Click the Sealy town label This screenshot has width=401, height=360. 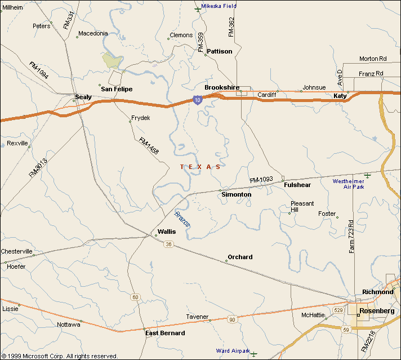83,97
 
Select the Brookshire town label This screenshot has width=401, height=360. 222,87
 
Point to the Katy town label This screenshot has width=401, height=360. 340,96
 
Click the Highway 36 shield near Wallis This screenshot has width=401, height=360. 168,244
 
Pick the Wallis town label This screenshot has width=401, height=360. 167,232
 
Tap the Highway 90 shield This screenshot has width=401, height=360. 231,319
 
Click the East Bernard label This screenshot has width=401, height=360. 165,333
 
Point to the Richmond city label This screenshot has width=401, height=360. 377,292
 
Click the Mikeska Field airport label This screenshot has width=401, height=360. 219,6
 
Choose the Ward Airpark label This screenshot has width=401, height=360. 233,351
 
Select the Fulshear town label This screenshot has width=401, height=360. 297,185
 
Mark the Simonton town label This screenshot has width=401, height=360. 237,194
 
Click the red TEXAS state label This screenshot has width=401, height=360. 200,167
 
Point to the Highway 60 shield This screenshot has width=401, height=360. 135,297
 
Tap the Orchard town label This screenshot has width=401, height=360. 240,257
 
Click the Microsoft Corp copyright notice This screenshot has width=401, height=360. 59,356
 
